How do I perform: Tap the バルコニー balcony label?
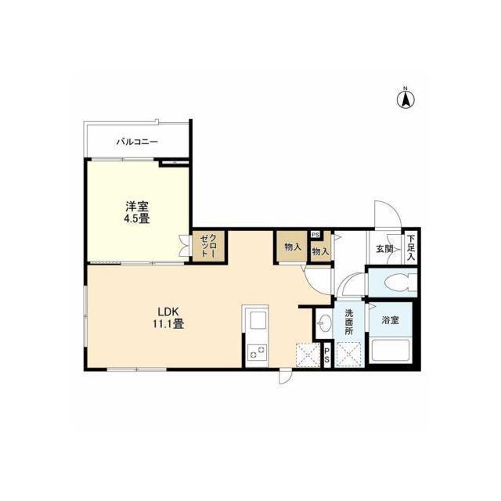137,142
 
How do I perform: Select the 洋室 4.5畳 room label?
138,213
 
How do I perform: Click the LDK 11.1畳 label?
168,318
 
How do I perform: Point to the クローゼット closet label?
209,246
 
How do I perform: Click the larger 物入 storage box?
293,247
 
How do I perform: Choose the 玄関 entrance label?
384,249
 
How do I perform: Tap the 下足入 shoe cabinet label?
411,247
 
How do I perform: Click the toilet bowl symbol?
401,283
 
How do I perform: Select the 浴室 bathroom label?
390,320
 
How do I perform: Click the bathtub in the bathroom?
391,351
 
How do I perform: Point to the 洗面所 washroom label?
349,322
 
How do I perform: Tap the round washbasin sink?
325,321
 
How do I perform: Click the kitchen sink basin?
258,320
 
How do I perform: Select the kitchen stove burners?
258,351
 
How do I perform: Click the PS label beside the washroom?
327,355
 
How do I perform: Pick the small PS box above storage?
315,235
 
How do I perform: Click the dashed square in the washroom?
348,355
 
